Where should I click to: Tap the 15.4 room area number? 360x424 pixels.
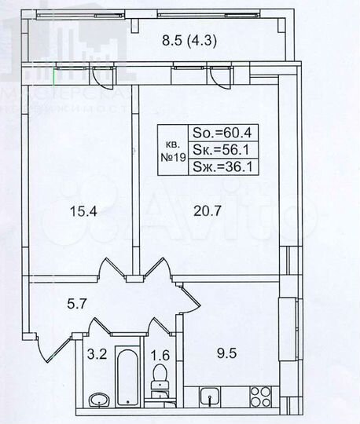77,210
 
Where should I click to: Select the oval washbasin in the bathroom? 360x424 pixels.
98,400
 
